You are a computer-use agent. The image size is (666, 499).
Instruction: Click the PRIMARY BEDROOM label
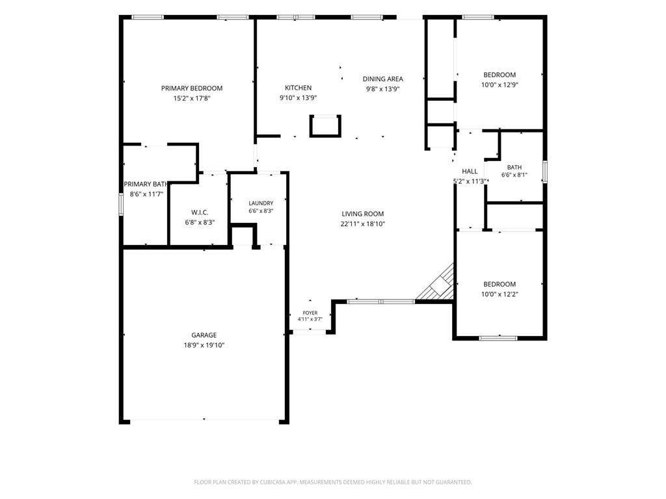tap(192, 88)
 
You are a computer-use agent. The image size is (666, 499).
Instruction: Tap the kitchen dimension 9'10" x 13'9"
tap(298, 98)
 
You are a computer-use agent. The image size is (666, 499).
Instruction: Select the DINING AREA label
tap(382, 79)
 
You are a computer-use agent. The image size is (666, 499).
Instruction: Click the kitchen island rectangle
tap(325, 126)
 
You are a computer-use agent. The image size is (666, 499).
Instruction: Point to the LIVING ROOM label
tap(363, 214)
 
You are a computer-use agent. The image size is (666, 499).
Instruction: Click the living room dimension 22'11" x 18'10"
tap(363, 224)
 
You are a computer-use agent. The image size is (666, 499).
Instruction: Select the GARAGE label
tap(204, 335)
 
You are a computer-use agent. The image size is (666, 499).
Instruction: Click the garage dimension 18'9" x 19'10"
tap(204, 346)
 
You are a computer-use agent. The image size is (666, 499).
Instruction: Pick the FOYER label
tap(310, 313)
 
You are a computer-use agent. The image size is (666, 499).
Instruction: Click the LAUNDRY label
tap(261, 203)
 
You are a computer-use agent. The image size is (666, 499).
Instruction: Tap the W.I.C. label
tap(200, 212)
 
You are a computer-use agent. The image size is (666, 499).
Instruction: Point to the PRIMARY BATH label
tap(146, 184)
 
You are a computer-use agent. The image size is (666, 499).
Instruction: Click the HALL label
tap(470, 172)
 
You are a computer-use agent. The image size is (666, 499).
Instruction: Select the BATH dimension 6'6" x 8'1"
tap(514, 175)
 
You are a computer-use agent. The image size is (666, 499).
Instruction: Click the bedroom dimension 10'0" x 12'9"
tap(499, 85)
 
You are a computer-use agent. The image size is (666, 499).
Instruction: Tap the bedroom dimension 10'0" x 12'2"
tap(499, 294)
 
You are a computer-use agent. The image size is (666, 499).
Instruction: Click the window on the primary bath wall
tap(121, 203)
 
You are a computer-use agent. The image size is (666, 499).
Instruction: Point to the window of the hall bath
tap(545, 172)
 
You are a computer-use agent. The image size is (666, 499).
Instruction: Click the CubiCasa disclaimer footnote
tap(333, 482)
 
